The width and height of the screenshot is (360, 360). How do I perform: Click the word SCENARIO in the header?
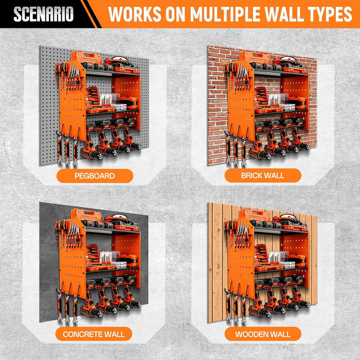pyautogui.click(x=43, y=14)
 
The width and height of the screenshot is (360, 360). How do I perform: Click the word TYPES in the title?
pyautogui.click(x=328, y=14)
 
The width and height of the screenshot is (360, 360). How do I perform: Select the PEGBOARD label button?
pyautogui.click(x=95, y=176)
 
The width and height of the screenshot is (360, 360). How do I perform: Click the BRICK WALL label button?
pyautogui.click(x=262, y=175)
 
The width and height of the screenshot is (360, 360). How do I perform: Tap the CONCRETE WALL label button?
pyautogui.click(x=93, y=334)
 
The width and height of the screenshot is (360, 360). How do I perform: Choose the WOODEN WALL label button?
pyautogui.click(x=262, y=334)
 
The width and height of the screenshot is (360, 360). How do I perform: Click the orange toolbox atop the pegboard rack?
pyautogui.click(x=86, y=57)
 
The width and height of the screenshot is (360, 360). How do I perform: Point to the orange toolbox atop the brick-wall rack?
pyautogui.click(x=254, y=57)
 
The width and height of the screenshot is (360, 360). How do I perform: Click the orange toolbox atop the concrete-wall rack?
pyautogui.click(x=86, y=215)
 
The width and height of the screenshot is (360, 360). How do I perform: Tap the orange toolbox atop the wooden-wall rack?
pyautogui.click(x=254, y=215)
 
